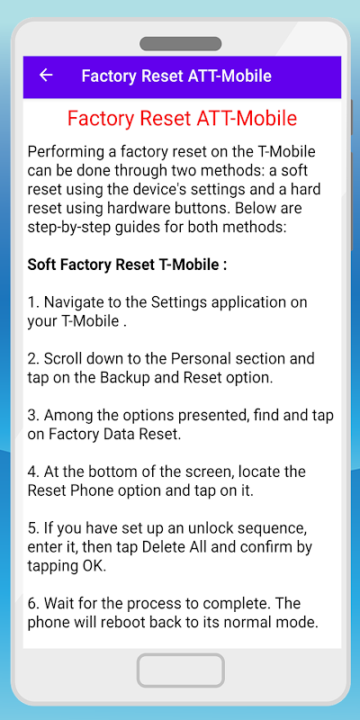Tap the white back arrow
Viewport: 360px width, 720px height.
[46, 76]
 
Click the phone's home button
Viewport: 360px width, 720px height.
[181, 670]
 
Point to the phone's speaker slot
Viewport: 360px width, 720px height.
[181, 44]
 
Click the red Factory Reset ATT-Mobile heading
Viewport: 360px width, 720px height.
[183, 119]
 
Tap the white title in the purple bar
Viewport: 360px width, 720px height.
[176, 76]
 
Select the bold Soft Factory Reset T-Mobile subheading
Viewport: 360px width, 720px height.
[127, 265]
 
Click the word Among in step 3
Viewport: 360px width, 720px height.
[68, 416]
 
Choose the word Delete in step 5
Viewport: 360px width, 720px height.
[163, 547]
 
